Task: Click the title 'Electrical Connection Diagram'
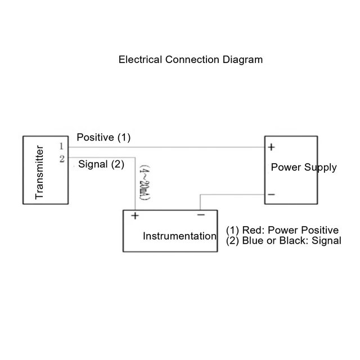coord(191,60)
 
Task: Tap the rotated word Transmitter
coord(39,172)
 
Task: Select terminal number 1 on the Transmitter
coord(61,146)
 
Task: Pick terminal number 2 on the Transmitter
coord(62,159)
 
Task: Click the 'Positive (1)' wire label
coord(103,137)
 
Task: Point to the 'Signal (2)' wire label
coord(101,164)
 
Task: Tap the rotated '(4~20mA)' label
coord(145,182)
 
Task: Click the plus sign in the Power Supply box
coord(271,147)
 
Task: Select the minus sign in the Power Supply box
coord(271,195)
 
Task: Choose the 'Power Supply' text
coord(304,168)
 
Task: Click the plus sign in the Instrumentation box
coord(135,215)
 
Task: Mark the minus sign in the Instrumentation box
coord(201,215)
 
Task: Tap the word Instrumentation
coord(179,236)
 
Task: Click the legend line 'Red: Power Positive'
coord(290,230)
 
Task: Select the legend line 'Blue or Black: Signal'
coord(291,241)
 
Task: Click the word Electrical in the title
coord(140,60)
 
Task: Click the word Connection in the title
coord(192,60)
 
